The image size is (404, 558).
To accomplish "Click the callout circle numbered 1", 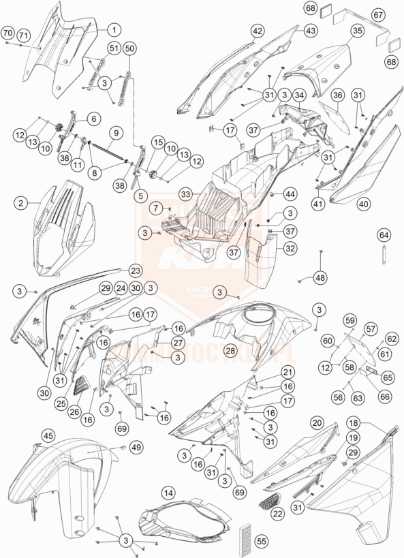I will [114, 29].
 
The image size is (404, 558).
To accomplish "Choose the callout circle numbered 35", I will [357, 31].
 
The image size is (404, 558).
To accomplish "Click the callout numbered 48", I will [320, 278].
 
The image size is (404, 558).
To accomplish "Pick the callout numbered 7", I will [155, 207].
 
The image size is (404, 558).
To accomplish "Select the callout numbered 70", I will [7, 33].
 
